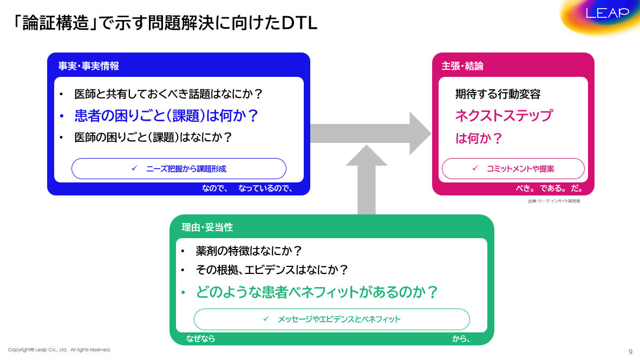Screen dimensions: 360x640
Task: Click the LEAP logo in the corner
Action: click(608, 14)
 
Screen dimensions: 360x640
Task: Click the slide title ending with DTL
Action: click(165, 23)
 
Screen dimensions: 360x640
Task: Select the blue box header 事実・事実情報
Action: click(89, 66)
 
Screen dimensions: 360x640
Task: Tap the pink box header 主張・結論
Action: click(462, 66)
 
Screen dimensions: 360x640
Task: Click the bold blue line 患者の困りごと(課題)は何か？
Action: click(166, 116)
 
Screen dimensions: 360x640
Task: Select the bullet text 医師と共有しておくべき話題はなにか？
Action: click(168, 94)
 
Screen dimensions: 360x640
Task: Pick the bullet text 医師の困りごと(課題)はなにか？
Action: click(153, 138)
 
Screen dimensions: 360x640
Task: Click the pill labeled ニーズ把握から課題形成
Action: click(179, 169)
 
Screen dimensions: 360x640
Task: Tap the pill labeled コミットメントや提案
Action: click(513, 169)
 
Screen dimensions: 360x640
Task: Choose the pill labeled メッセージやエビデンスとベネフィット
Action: click(331, 319)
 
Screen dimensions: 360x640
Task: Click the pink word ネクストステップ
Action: click(504, 116)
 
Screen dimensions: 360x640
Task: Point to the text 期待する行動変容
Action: click(498, 94)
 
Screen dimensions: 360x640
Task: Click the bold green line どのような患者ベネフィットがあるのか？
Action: click(317, 292)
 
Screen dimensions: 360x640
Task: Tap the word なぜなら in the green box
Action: click(201, 339)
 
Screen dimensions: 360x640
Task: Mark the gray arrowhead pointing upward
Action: click(367, 157)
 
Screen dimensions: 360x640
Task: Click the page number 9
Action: click(630, 351)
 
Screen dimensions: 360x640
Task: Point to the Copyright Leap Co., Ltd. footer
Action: click(60, 350)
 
